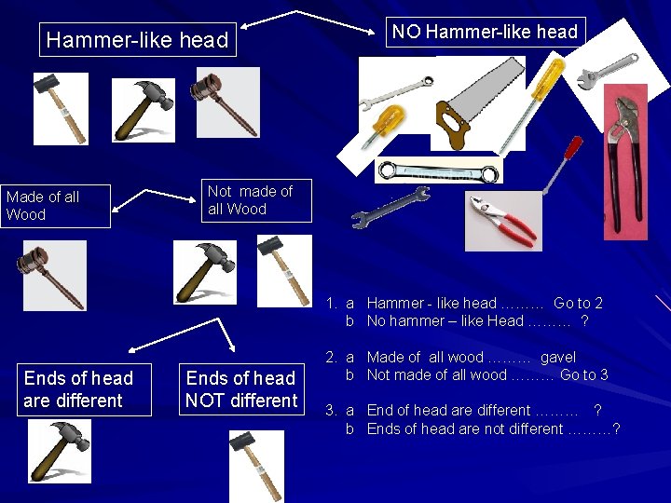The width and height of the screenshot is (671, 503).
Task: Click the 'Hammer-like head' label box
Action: pos(138,40)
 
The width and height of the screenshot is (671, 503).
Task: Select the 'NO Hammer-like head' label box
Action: pos(485,32)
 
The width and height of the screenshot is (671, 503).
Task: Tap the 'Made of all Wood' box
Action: pos(55,206)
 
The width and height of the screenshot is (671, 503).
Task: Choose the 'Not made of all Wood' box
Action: pos(257,200)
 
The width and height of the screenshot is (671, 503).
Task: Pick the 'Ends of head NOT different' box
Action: pos(241,389)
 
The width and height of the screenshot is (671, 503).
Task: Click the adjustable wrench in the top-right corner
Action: pos(606,72)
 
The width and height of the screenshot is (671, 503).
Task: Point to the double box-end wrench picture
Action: pos(438,170)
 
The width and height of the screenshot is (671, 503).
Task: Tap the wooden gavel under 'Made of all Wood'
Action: pos(54,275)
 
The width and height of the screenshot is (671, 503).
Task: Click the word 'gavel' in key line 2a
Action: pos(558,357)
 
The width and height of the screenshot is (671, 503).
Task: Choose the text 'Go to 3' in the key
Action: pos(584,374)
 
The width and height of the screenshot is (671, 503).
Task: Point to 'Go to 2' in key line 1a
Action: pos(578,303)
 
